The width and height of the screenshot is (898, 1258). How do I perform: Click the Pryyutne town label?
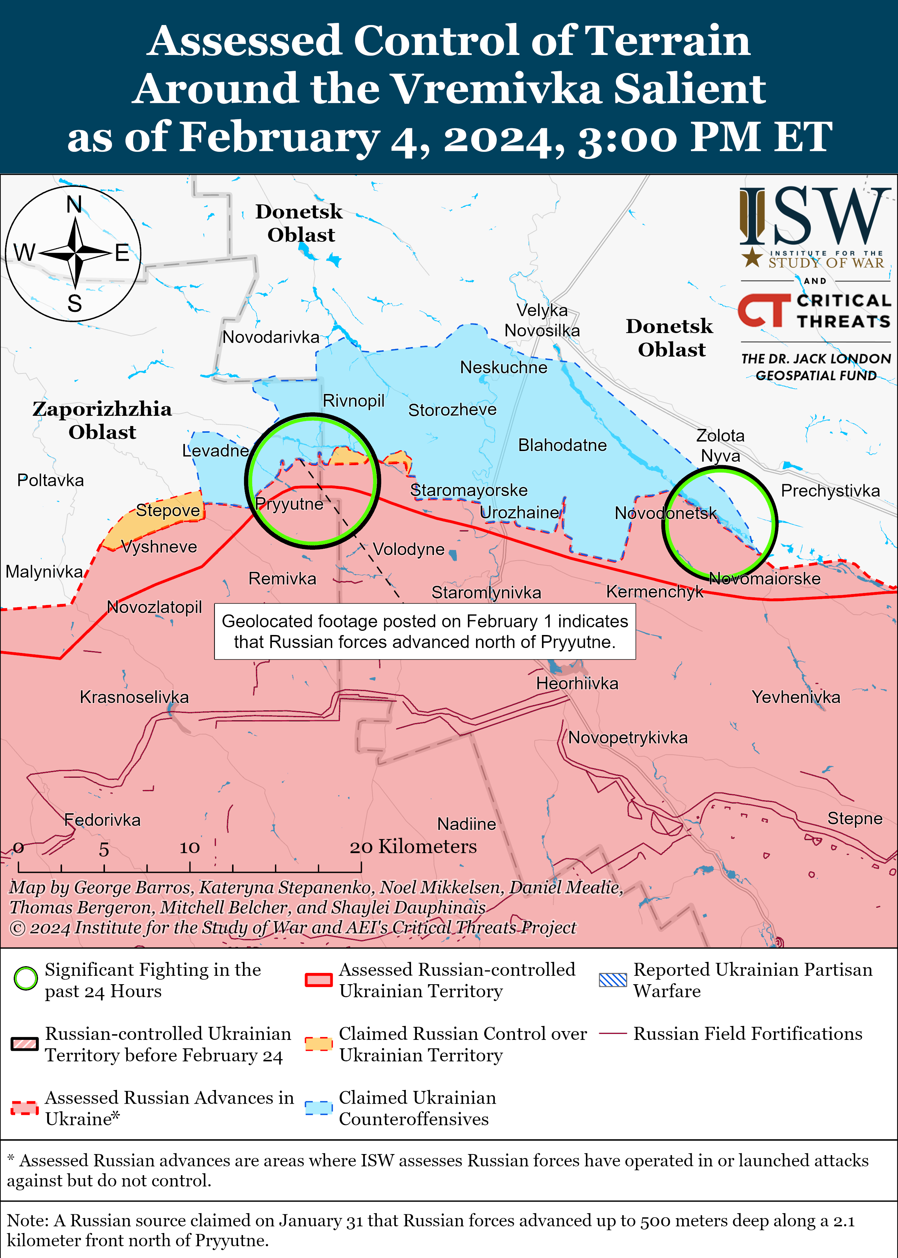click(x=289, y=504)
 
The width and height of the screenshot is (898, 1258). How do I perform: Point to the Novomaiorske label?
click(x=765, y=579)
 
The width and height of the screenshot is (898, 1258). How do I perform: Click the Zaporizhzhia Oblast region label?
click(x=102, y=420)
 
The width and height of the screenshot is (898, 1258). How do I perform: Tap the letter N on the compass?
click(x=74, y=205)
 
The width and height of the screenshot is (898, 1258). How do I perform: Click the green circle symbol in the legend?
click(x=25, y=979)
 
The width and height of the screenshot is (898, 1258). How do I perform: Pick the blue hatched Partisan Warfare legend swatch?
click(x=613, y=980)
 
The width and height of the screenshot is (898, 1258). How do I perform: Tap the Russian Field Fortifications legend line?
click(x=613, y=1034)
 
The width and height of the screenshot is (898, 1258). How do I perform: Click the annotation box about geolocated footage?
click(x=425, y=631)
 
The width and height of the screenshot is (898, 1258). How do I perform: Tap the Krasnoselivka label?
click(x=135, y=697)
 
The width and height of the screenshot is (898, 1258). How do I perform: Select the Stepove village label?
click(x=168, y=510)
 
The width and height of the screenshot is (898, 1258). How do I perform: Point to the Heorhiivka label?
click(x=577, y=683)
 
